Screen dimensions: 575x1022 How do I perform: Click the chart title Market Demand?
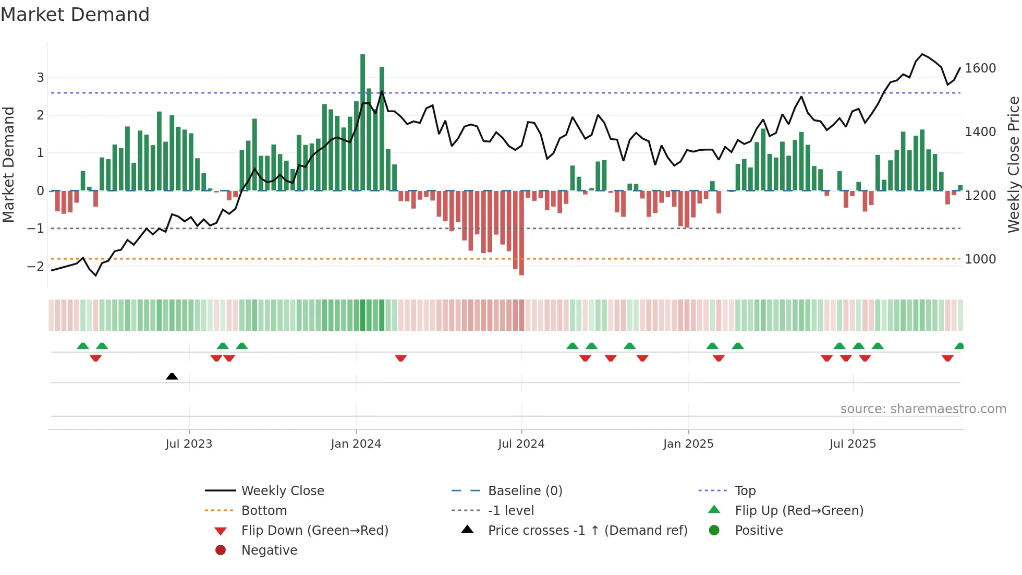pos(75,15)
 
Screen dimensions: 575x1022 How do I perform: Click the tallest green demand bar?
pos(362,123)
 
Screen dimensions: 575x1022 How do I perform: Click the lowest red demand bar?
pos(521,233)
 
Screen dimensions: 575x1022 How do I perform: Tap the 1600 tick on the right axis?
pos(980,68)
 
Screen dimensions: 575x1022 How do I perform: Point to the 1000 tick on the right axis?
pos(980,259)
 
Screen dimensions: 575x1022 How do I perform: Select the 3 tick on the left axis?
pos(40,78)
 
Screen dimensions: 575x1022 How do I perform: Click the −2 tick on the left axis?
pos(35,267)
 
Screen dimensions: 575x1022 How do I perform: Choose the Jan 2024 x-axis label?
pos(356,444)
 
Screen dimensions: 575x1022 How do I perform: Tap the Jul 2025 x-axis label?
pos(853,444)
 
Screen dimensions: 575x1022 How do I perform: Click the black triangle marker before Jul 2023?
pos(172,376)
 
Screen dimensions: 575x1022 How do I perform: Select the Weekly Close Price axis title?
pos(1013,164)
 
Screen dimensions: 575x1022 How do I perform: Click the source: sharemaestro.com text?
pos(923,409)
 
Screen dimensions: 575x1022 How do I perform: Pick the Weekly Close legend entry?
pos(282,491)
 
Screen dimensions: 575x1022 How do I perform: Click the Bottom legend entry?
pos(264,511)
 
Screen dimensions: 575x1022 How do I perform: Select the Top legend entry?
pos(745,491)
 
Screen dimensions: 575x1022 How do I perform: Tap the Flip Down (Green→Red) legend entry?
pos(314,531)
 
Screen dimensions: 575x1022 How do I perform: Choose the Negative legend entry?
pos(269,550)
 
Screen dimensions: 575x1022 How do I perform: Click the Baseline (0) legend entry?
pos(525,491)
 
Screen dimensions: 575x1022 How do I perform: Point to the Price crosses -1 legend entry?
pos(587,531)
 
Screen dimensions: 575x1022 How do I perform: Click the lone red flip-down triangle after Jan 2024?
pos(400,358)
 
